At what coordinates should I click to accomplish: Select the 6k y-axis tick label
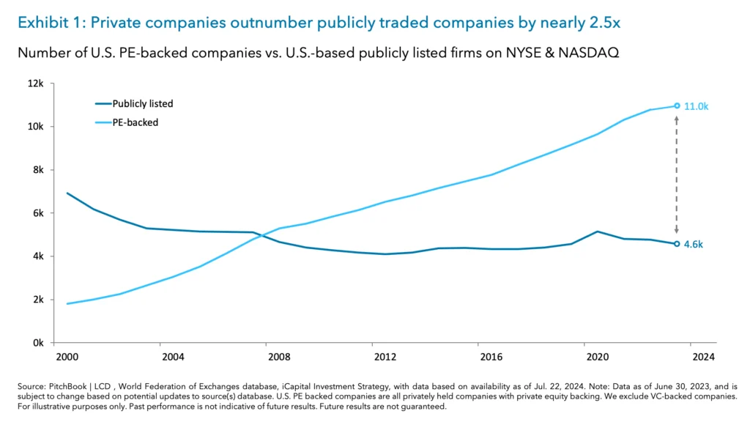tap(38, 213)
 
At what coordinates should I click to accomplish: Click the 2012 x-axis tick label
tap(385, 357)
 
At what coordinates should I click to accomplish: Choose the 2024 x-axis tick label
tap(703, 357)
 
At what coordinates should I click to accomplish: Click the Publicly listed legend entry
tap(142, 103)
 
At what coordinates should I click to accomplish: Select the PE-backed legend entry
tap(135, 122)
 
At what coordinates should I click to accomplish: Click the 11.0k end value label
tap(697, 106)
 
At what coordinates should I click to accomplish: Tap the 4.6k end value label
tap(694, 245)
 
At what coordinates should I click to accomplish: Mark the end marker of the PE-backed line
tap(677, 105)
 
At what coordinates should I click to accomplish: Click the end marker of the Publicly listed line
tap(677, 244)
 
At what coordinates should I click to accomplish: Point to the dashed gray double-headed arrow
tap(677, 174)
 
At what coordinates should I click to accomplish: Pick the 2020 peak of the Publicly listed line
tap(598, 232)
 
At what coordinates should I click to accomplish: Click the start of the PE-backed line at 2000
tap(67, 303)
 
